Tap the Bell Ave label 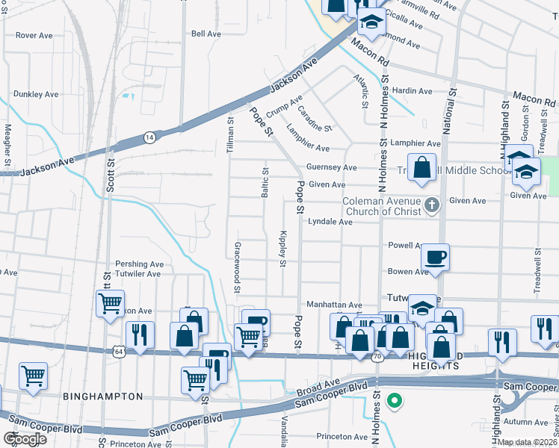pyautogui.click(x=206, y=34)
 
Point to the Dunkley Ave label pyautogui.click(x=36, y=95)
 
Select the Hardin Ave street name pyautogui.click(x=413, y=91)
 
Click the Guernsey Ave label pyautogui.click(x=332, y=168)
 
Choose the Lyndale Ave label pyautogui.click(x=330, y=222)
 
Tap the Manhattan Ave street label pyautogui.click(x=334, y=305)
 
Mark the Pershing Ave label pyautogui.click(x=139, y=264)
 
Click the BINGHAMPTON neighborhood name pyautogui.click(x=102, y=396)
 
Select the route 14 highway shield pyautogui.click(x=149, y=137)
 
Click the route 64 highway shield pyautogui.click(x=120, y=349)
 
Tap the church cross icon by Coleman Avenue pyautogui.click(x=431, y=204)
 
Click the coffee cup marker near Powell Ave pyautogui.click(x=434, y=258)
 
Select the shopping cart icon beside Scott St pyautogui.click(x=110, y=303)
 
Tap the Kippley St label pyautogui.click(x=283, y=247)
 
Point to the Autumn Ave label pyautogui.click(x=526, y=422)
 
